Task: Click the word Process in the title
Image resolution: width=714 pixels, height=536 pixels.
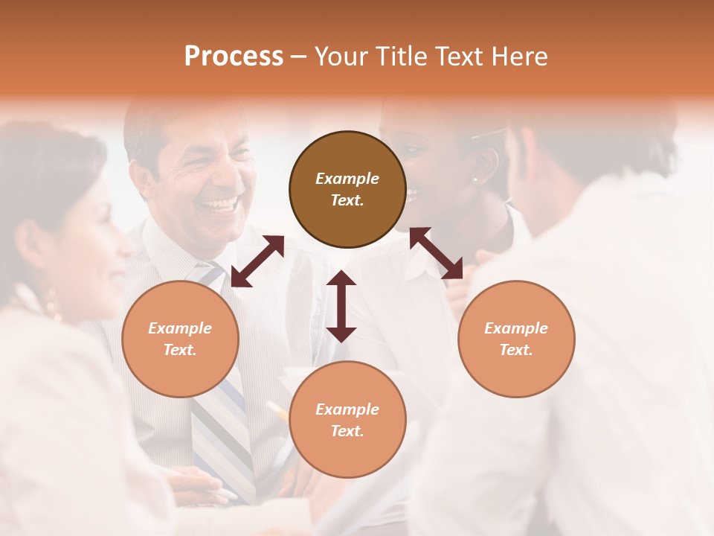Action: coord(234,57)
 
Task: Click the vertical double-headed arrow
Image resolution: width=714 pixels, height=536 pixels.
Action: coord(341,306)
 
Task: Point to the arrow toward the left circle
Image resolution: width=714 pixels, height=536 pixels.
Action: coord(257,261)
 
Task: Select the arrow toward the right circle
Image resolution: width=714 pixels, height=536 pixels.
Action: coord(436,253)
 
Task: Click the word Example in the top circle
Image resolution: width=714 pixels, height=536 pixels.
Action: coord(347,179)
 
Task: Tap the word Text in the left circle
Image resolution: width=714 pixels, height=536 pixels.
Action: coord(180,350)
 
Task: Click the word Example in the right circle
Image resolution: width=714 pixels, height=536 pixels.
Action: coord(516,328)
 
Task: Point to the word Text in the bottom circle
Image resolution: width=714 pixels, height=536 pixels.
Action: coord(347,431)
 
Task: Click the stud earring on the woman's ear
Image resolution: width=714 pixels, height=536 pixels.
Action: coord(475,179)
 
